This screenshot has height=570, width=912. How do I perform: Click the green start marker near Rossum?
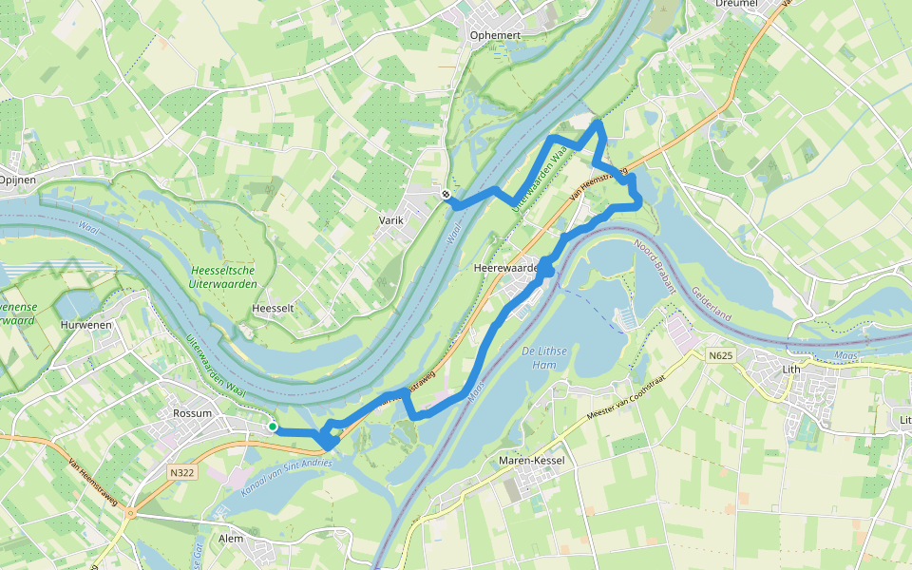click(273, 427)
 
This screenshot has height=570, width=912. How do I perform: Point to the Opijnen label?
click(16, 179)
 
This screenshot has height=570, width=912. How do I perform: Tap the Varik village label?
click(391, 219)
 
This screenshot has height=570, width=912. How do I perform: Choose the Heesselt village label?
click(271, 309)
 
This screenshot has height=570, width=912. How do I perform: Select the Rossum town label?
click(194, 413)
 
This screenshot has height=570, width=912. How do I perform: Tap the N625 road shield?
click(722, 355)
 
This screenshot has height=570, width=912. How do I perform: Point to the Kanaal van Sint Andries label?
click(275, 475)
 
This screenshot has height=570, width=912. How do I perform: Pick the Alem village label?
click(231, 538)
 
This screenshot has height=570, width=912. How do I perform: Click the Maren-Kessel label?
click(532, 461)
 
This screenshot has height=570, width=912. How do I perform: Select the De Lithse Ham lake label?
click(544, 357)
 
